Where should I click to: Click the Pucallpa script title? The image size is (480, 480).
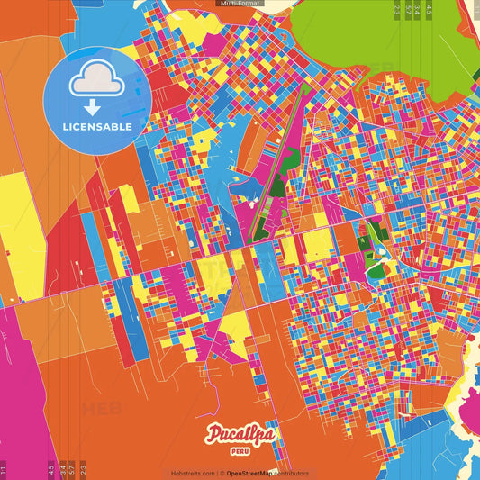tap(240, 436)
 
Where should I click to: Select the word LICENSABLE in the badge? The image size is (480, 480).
tap(97, 126)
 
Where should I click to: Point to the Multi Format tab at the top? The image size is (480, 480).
tap(240, 4)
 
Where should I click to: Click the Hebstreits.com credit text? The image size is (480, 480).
tap(193, 473)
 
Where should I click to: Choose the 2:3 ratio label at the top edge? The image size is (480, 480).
tap(397, 9)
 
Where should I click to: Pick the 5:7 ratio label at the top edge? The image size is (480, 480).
tap(408, 9)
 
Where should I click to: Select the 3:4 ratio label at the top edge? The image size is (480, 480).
tap(418, 9)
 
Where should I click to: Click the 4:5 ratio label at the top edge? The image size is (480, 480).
tap(430, 9)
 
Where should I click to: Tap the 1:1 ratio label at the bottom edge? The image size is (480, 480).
tap(4, 469)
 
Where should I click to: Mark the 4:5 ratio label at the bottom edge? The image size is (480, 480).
tap(51, 469)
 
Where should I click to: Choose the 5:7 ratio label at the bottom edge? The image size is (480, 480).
tap(72, 469)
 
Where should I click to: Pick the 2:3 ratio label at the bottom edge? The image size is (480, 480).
tap(83, 469)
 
